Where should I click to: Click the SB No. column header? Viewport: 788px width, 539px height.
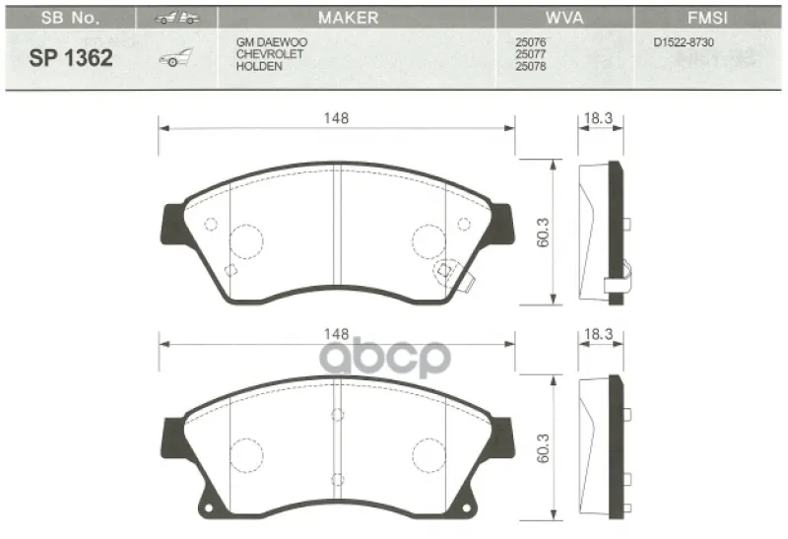tap(70, 18)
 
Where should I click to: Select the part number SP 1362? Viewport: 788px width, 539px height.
tap(71, 58)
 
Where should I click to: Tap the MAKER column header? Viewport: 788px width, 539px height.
tap(349, 18)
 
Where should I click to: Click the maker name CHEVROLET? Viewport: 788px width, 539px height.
tap(270, 54)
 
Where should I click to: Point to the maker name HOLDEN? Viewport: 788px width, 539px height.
tap(259, 66)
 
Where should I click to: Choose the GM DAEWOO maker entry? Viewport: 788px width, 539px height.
tap(272, 42)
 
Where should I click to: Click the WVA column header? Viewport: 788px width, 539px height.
tap(564, 18)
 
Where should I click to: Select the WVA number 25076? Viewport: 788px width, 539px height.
tap(531, 42)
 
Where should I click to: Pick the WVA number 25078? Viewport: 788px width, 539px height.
tap(531, 66)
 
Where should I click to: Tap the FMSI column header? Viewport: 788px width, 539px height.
tap(707, 18)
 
